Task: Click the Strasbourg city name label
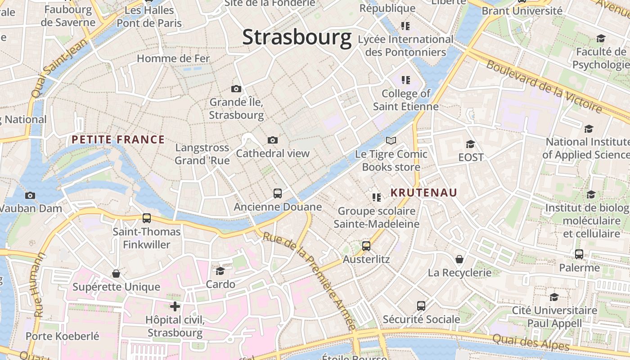[297, 37]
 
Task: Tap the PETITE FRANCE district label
[118, 139]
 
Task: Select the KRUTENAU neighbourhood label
[423, 193]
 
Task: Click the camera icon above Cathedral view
[273, 140]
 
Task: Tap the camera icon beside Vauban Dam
[30, 195]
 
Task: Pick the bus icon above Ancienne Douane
[278, 193]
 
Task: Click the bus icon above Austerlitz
[366, 246]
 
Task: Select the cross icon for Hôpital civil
[175, 307]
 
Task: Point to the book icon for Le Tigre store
[391, 141]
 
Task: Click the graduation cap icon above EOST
[471, 144]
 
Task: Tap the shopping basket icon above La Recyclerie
[459, 259]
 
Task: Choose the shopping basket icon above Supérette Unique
[116, 274]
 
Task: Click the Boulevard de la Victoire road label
[544, 86]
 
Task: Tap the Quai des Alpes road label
[531, 342]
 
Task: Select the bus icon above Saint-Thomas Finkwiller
[147, 218]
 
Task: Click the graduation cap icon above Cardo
[220, 271]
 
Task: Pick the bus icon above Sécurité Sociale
[421, 306]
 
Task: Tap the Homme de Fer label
[173, 58]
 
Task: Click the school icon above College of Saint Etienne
[406, 80]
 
